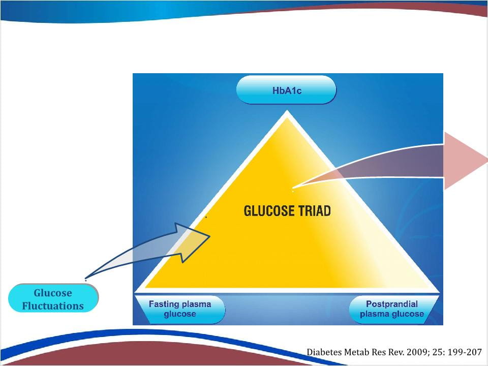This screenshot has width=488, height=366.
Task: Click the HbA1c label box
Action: pos(286,90)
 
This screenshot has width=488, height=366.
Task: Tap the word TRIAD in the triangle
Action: pos(315,211)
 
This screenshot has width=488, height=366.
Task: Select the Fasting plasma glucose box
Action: pos(180,310)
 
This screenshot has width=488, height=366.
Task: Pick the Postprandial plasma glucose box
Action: pos(393,310)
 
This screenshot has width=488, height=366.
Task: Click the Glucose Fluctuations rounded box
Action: pos(53,298)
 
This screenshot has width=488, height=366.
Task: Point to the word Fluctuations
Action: pos(53,306)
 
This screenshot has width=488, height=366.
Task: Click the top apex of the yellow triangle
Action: pos(287,111)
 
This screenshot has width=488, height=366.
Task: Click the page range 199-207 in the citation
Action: pos(464,352)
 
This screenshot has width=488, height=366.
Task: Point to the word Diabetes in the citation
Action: pos(322,352)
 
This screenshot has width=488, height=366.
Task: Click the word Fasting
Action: pos(162,304)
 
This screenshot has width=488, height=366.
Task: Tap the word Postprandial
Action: pos(392,304)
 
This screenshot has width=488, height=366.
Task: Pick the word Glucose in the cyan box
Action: pos(53,293)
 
